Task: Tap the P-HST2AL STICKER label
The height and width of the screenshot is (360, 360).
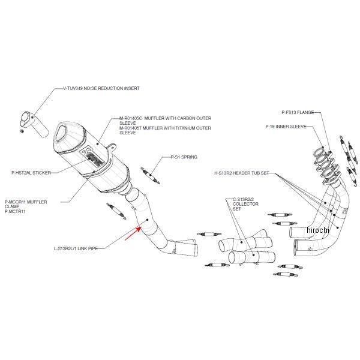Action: pyautogui.click(x=30, y=172)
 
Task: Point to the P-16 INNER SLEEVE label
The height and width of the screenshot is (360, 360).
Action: pyautogui.click(x=286, y=127)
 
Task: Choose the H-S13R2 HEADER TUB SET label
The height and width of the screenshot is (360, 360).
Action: pyautogui.click(x=245, y=173)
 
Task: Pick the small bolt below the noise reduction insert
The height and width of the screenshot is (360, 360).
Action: pyautogui.click(x=22, y=130)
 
